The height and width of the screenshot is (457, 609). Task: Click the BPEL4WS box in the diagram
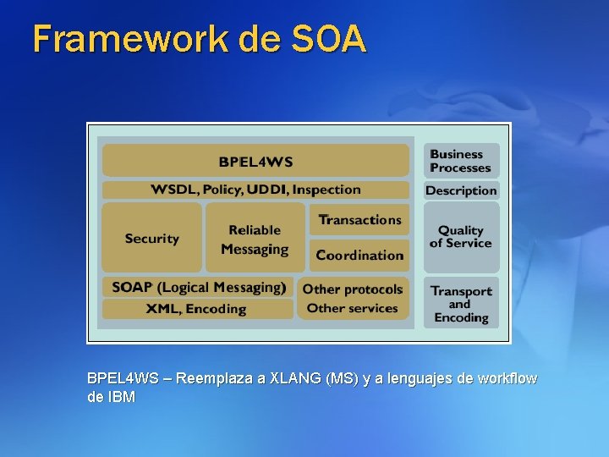255,161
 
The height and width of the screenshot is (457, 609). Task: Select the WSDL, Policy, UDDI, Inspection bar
255,190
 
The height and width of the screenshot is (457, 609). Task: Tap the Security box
152,238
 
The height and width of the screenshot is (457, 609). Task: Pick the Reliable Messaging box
255,239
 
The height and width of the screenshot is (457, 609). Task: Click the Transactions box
359,220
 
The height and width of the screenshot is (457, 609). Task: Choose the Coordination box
359,255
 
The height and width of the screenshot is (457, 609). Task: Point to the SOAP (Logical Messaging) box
198,287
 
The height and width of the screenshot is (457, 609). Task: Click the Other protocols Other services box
353,298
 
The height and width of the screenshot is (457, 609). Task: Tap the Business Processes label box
461,161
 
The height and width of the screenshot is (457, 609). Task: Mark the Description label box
461,190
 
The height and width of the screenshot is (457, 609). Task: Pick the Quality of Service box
461,236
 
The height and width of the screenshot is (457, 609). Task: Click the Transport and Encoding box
461,304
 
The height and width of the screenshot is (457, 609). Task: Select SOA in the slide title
329,39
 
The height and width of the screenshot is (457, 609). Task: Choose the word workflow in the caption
506,378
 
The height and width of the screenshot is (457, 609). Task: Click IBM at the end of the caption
122,397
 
